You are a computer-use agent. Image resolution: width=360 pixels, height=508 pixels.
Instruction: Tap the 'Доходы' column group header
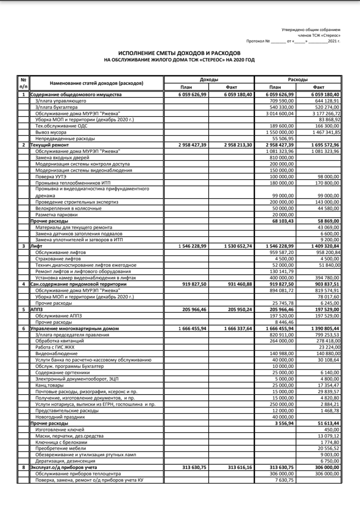tap(209, 80)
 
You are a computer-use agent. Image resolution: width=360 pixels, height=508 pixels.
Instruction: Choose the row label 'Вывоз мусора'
tap(51, 132)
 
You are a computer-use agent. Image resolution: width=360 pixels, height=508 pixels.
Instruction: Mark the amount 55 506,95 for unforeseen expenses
tap(283, 139)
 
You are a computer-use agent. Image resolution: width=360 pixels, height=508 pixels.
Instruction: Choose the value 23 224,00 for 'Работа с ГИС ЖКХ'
tap(329, 347)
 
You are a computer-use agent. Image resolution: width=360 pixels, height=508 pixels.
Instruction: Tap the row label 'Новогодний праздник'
tap(60, 417)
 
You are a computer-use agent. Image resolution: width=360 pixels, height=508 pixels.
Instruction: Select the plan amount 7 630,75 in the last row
tap(285, 480)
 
